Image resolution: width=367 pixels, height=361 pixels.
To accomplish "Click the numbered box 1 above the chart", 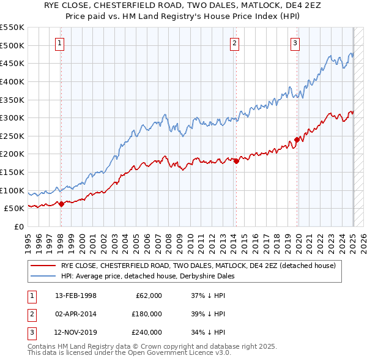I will pos(61,43).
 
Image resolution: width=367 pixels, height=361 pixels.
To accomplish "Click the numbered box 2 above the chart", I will pos(235,43).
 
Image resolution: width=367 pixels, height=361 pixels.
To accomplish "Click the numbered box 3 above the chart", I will pos(295,43).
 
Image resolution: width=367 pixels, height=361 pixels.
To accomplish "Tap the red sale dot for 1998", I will pos(61,204).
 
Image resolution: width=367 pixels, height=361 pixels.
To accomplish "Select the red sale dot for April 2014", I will pos(235,161).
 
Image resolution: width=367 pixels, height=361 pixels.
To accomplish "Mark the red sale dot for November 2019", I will pos(297,140).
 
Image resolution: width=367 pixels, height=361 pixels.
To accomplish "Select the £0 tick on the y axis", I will pos(18,226).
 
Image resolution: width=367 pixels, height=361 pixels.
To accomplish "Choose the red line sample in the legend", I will pos(43,266).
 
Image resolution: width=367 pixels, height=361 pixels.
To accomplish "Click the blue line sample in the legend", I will pos(43,276).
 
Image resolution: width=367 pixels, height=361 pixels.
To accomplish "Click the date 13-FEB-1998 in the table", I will pos(76,296).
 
